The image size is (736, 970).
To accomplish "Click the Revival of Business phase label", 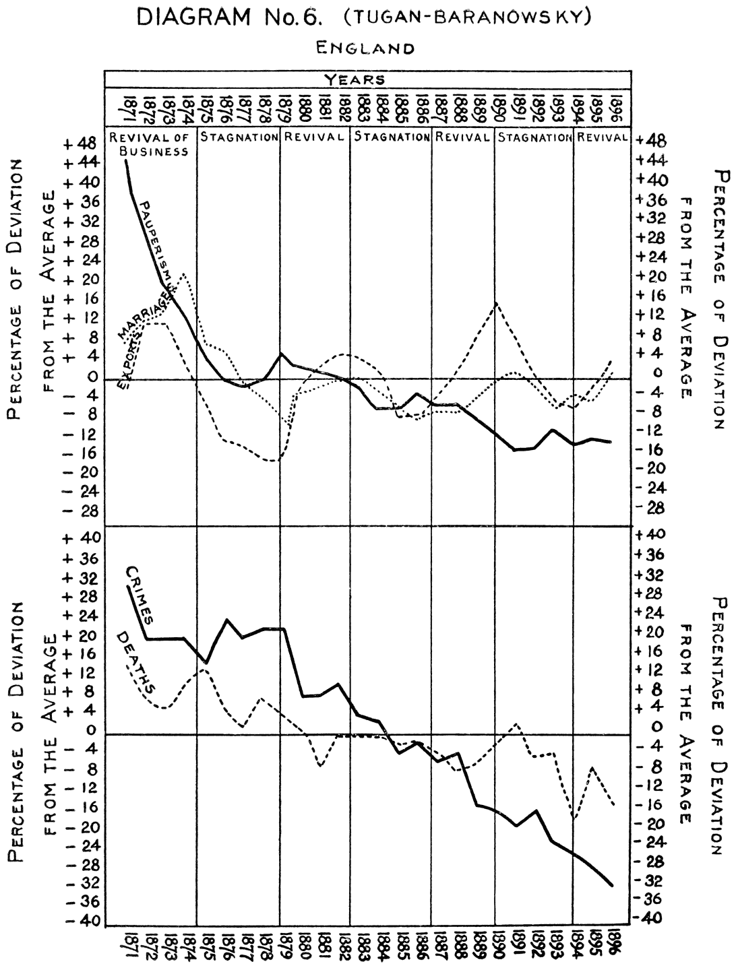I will click(x=150, y=144).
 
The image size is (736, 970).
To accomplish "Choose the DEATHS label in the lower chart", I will click(x=137, y=664).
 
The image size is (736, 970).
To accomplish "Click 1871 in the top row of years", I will click(x=125, y=106).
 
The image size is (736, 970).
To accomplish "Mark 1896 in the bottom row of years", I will click(x=616, y=946).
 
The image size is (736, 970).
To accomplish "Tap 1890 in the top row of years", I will click(x=499, y=106).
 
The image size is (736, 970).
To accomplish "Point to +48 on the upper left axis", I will click(x=81, y=143).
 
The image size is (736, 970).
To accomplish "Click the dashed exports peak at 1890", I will click(x=496, y=303).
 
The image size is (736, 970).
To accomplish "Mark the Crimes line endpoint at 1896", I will click(x=612, y=886).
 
